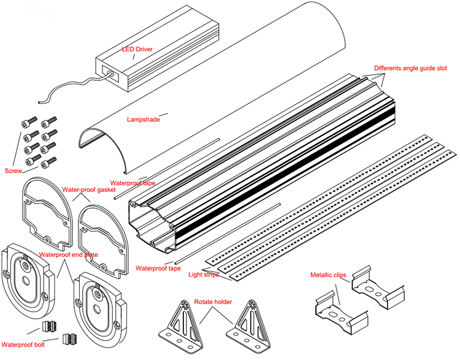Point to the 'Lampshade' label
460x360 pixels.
143,120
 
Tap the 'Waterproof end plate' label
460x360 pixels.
68,254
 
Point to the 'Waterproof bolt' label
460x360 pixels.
23,344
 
